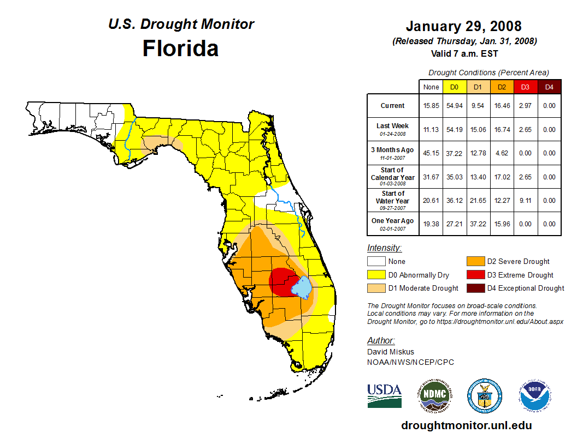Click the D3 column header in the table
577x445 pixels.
(525, 87)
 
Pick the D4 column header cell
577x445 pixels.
(549, 87)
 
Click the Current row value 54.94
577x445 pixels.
(455, 106)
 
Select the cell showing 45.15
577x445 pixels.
(431, 153)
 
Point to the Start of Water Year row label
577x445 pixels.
(393, 197)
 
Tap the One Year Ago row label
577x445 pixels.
(393, 221)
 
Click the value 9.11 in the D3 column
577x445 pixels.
(525, 201)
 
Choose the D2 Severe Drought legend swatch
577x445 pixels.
(474, 262)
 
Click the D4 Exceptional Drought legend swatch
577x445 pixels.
(474, 288)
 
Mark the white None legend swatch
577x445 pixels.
(375, 262)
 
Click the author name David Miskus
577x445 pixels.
(390, 352)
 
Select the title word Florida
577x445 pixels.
(180, 49)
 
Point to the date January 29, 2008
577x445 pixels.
(464, 26)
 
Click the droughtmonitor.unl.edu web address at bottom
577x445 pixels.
(466, 425)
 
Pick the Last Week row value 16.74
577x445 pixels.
(502, 130)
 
